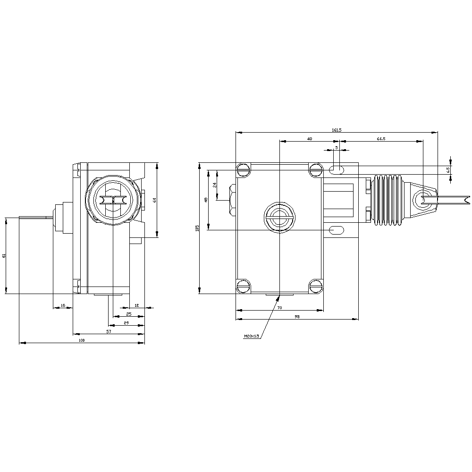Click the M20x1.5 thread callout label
tap(252, 337)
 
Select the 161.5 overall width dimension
tap(337, 130)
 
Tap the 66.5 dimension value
tap(381, 139)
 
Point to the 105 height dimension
tap(197, 228)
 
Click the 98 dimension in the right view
tap(297, 317)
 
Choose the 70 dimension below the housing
tap(279, 308)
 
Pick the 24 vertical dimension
tap(214, 185)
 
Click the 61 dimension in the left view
tap(4, 255)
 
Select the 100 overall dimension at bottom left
tap(81, 340)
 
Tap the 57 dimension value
tap(109, 332)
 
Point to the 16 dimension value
tap(62, 306)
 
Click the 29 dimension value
tap(126, 323)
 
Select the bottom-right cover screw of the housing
tap(316, 286)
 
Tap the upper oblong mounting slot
tap(337, 169)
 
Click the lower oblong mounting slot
tap(337, 230)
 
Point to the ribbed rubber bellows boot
tap(388, 200)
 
